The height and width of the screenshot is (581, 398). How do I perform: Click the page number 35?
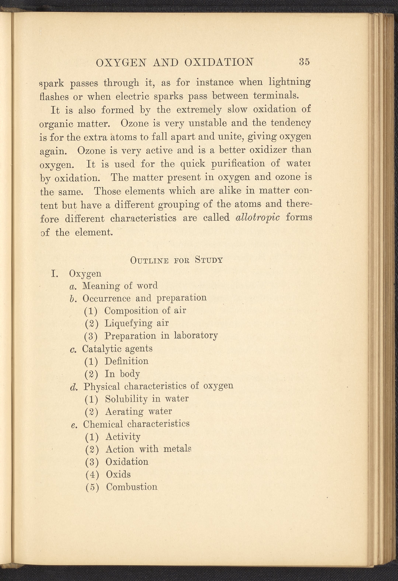[304, 62]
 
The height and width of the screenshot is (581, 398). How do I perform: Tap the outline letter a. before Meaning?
[73, 286]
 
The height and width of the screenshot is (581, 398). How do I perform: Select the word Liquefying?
[128, 323]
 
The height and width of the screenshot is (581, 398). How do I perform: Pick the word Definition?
[127, 361]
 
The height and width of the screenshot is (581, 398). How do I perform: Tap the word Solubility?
[126, 399]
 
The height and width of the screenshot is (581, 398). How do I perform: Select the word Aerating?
[124, 411]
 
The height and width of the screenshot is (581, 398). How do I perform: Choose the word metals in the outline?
[177, 449]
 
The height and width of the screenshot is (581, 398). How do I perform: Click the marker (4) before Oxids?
[92, 474]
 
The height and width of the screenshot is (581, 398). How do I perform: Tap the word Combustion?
[132, 487]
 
